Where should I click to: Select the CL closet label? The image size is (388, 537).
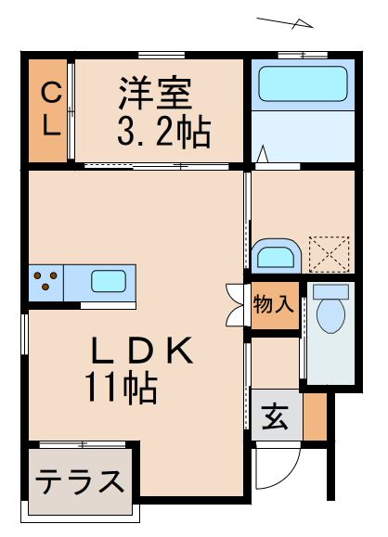[50, 109]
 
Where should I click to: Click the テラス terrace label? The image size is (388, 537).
[80, 481]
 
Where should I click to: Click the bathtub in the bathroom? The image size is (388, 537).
[301, 84]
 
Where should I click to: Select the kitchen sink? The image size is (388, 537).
[108, 278]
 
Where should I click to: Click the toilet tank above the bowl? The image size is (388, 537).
[330, 290]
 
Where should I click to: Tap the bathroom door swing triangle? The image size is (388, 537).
[264, 154]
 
